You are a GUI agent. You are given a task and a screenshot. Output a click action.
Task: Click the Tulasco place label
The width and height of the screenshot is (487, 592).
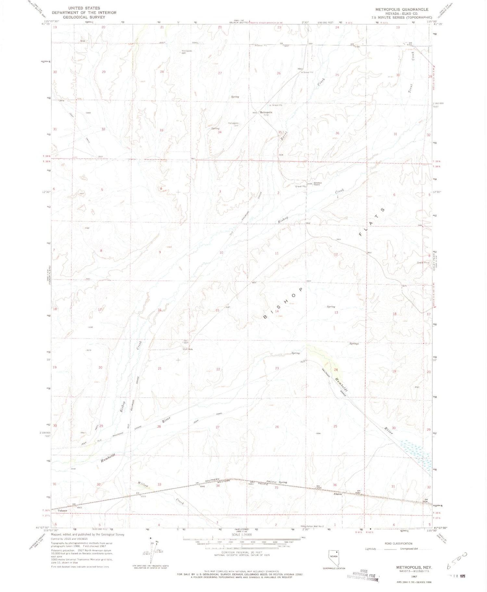click(62, 511)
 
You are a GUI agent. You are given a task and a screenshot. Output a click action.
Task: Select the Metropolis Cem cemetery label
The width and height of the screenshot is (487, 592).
click(233, 124)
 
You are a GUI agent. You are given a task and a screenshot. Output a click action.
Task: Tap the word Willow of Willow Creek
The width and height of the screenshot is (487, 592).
click(143, 485)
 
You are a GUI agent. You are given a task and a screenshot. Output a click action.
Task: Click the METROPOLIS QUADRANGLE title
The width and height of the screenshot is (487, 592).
click(402, 9)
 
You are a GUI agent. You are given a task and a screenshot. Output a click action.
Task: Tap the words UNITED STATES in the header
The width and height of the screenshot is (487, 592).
click(85, 8)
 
